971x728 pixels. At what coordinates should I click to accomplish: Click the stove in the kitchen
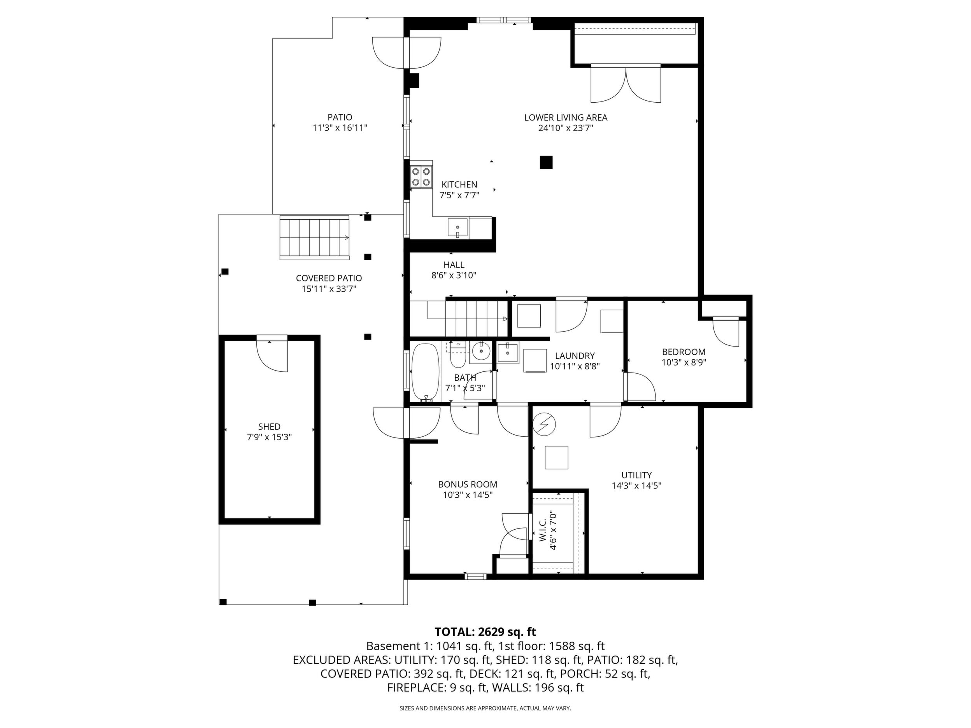(x=421, y=177)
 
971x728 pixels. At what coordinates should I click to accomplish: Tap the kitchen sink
(x=458, y=228)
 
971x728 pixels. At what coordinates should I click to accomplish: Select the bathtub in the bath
(x=425, y=372)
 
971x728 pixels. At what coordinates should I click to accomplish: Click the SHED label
(x=269, y=427)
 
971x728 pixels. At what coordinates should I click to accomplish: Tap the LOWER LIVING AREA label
(x=565, y=117)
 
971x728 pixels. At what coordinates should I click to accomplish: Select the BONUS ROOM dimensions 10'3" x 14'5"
(x=468, y=495)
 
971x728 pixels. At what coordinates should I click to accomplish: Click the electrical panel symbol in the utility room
(x=544, y=424)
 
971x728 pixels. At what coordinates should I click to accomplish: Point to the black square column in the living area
(x=546, y=163)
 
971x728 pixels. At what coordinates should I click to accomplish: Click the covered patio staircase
(x=314, y=237)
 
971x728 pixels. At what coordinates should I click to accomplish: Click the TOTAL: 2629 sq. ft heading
(x=485, y=632)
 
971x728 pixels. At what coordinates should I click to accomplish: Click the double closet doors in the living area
(x=626, y=83)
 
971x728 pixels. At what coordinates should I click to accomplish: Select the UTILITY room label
(x=636, y=475)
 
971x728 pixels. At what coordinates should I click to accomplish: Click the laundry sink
(x=507, y=353)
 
